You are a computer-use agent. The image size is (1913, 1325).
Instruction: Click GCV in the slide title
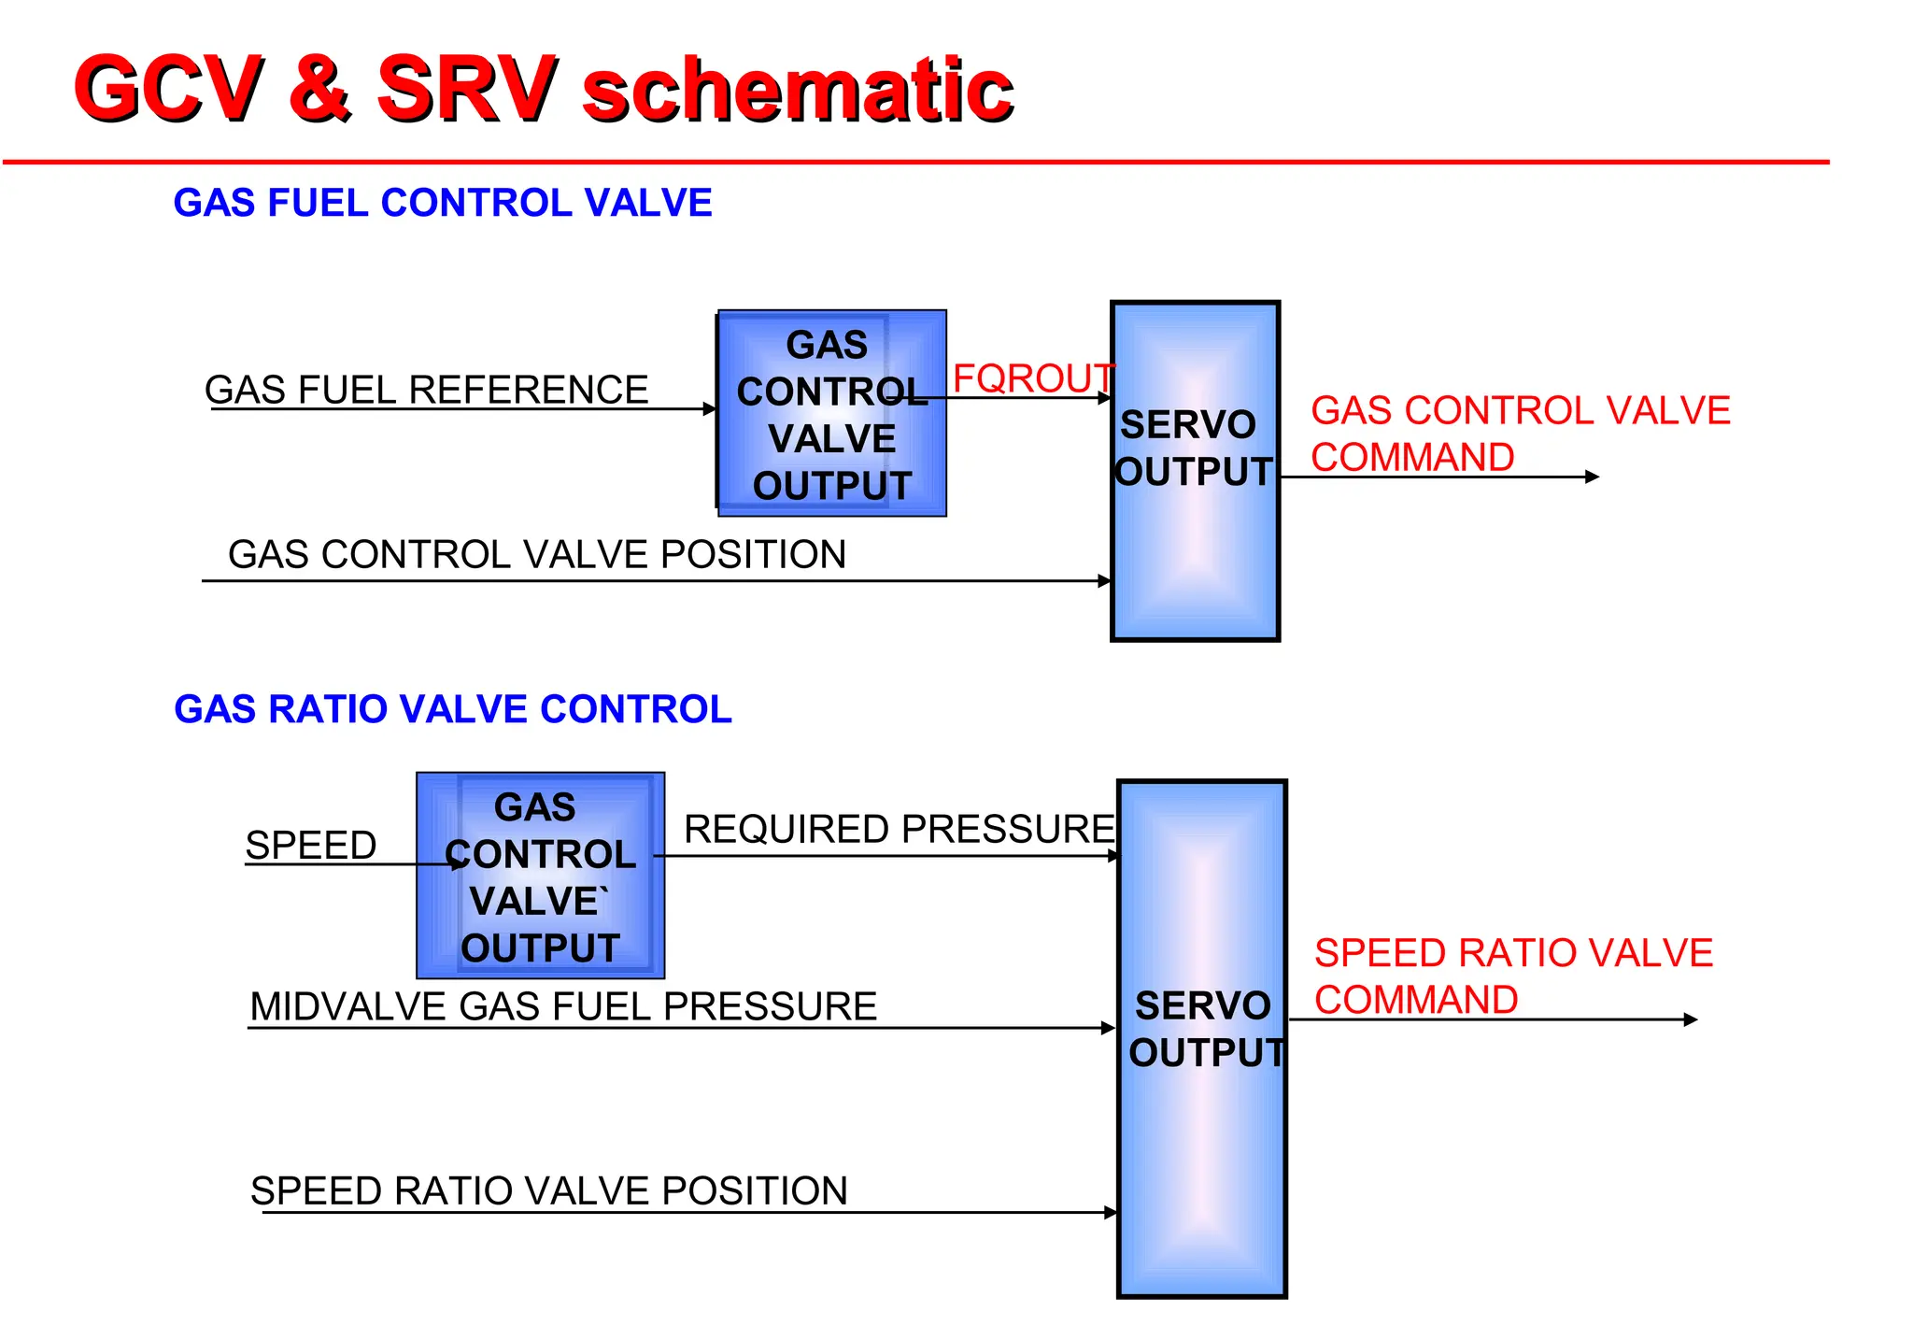point(168,88)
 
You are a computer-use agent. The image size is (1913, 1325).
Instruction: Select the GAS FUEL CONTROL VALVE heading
point(442,203)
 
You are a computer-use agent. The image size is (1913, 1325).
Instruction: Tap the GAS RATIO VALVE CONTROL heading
point(452,709)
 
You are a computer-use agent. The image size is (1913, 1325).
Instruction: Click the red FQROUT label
point(1032,378)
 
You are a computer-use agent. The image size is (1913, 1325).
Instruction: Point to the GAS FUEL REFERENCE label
point(426,390)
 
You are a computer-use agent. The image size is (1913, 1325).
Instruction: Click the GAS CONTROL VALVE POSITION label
point(537,554)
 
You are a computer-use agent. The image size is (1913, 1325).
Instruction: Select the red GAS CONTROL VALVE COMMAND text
point(1519,434)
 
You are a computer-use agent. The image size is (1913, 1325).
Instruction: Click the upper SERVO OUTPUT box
point(1195,561)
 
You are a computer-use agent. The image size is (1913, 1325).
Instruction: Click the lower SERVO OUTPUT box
point(1201,1168)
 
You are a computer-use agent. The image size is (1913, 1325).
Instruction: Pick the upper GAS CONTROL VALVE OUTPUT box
point(831,414)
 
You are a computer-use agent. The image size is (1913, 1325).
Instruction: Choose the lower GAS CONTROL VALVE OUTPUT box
point(540,876)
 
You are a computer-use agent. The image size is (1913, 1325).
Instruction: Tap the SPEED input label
point(310,845)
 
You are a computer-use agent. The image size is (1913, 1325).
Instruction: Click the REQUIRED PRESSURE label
point(899,829)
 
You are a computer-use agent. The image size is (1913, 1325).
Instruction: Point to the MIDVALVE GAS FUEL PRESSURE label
point(563,1006)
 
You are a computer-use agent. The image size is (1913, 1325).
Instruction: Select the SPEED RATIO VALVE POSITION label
point(549,1190)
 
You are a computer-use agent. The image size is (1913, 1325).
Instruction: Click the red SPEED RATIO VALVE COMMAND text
point(1512,976)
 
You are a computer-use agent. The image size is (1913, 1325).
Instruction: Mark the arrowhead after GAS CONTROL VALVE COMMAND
point(1593,477)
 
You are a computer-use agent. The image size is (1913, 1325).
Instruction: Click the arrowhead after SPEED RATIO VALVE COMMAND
point(1691,1019)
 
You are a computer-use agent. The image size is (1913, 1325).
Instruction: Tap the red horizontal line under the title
point(915,163)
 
